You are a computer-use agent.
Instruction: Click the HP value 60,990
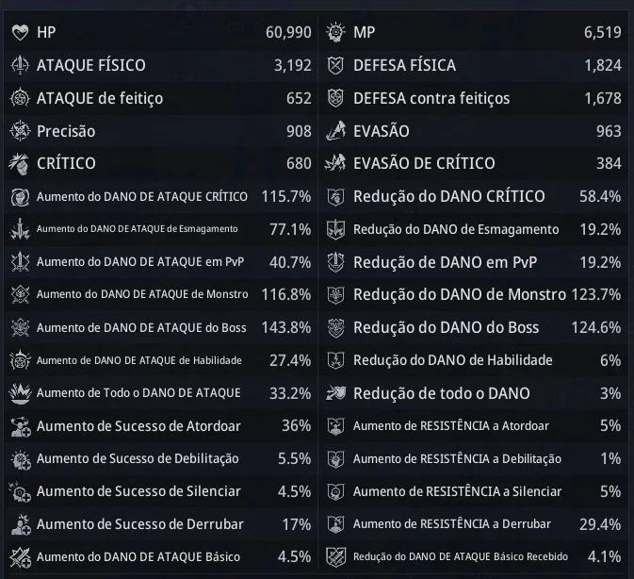click(x=288, y=32)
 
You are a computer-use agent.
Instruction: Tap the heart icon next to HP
click(x=20, y=33)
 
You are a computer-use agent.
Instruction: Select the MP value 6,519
click(x=603, y=32)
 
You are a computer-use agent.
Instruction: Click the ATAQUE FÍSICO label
click(x=91, y=65)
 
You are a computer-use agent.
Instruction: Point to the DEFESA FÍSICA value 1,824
click(x=603, y=65)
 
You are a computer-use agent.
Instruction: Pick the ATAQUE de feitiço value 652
click(x=299, y=98)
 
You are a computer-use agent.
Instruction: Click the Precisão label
click(x=66, y=131)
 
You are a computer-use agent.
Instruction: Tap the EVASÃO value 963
click(x=609, y=131)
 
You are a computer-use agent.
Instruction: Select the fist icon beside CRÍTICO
click(x=20, y=164)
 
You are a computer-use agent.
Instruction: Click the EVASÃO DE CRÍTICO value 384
click(x=609, y=163)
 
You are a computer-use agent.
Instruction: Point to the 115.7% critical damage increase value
click(x=286, y=197)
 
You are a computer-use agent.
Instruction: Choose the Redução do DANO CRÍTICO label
click(x=448, y=197)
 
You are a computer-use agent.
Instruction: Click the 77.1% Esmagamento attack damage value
click(x=290, y=229)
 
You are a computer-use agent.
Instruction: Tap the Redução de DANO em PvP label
click(x=446, y=262)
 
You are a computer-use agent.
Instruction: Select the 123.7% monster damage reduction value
click(x=596, y=294)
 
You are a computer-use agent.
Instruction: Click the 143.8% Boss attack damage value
click(x=286, y=328)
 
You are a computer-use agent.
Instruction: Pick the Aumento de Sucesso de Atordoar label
click(x=138, y=426)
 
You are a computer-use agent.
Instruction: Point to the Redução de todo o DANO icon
click(x=335, y=393)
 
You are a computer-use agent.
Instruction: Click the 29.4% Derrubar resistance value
click(x=600, y=524)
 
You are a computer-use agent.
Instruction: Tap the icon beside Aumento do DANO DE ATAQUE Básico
click(x=20, y=557)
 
